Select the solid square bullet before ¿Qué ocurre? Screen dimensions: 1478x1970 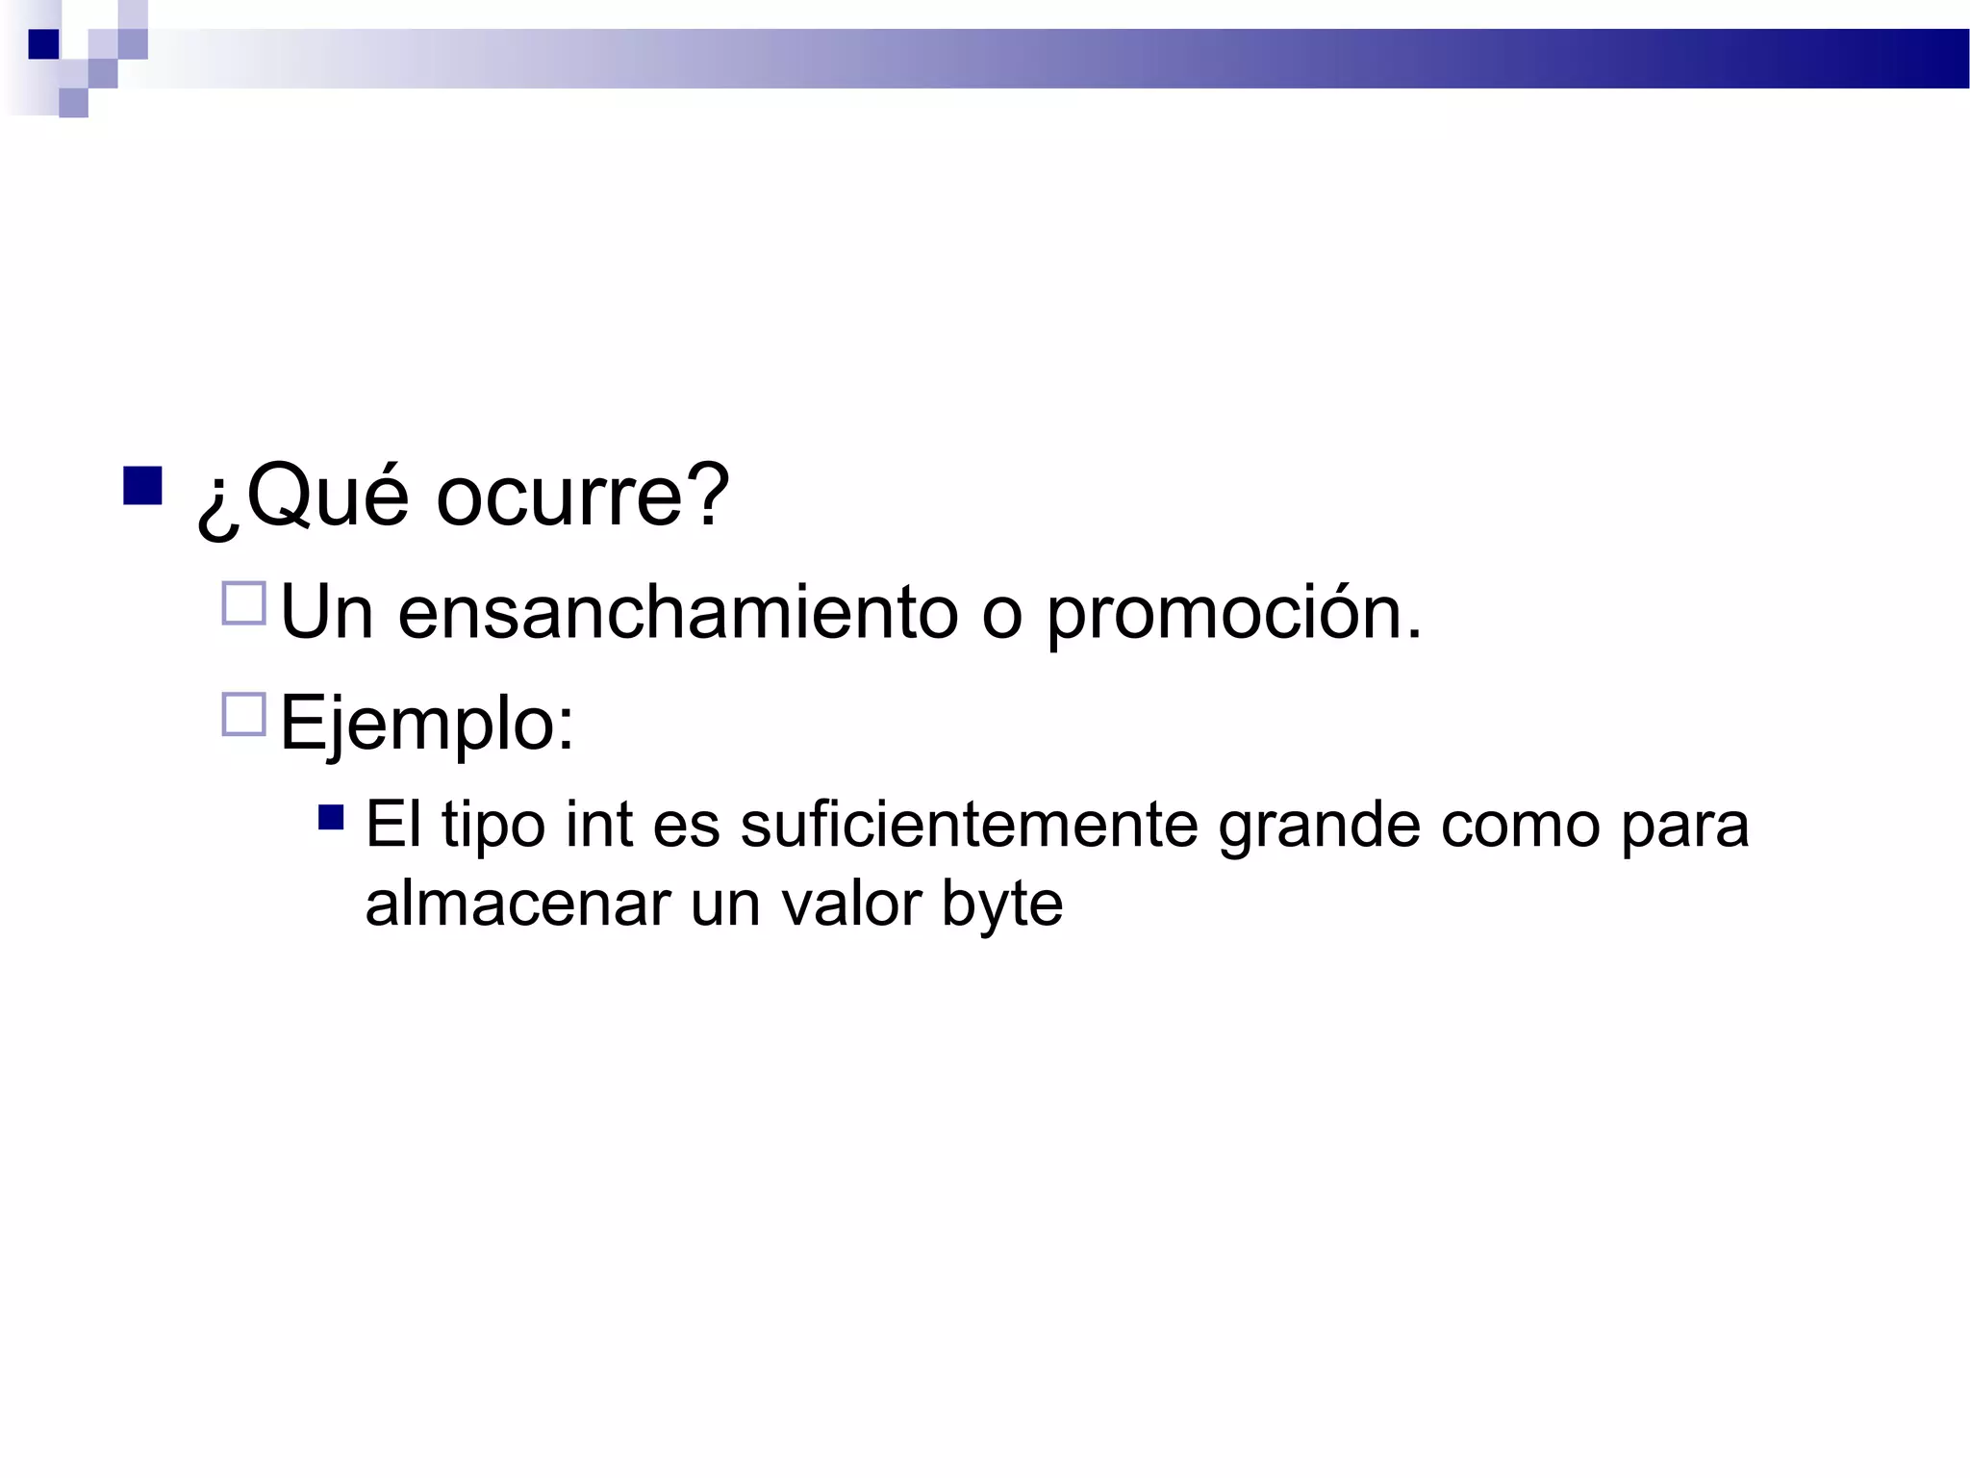click(142, 486)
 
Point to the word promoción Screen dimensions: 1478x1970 click(1222, 614)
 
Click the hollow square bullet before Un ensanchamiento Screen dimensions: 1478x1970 click(243, 603)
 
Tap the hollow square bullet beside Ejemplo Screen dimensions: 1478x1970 click(243, 715)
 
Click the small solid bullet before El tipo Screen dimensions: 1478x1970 click(331, 818)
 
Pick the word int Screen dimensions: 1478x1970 click(598, 825)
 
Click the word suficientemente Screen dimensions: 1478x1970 click(968, 825)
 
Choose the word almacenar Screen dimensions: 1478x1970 click(517, 904)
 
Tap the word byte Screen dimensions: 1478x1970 click(1001, 905)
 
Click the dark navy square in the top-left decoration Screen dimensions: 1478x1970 click(43, 44)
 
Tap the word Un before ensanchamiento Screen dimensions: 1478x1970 click(326, 612)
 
